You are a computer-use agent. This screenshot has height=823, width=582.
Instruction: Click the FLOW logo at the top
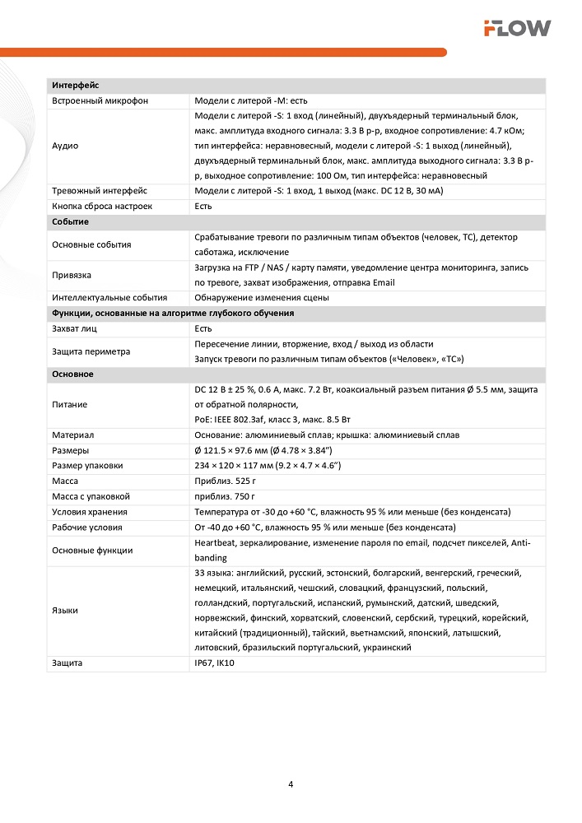pyautogui.click(x=517, y=29)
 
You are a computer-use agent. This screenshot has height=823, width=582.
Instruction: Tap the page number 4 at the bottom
pyautogui.click(x=291, y=783)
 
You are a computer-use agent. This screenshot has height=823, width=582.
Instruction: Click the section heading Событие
pyautogui.click(x=70, y=222)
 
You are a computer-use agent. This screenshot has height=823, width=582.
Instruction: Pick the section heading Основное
pyautogui.click(x=72, y=374)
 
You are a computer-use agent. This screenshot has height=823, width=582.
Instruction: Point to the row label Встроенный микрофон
pyautogui.click(x=100, y=100)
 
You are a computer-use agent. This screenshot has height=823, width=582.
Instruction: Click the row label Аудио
pyautogui.click(x=65, y=146)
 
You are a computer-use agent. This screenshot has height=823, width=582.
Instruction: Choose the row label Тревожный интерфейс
pyautogui.click(x=99, y=191)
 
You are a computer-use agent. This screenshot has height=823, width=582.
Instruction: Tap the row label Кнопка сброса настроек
pyautogui.click(x=102, y=207)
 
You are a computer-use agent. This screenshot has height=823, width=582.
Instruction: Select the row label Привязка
pyautogui.click(x=71, y=275)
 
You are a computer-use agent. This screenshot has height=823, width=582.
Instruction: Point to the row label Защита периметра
pyautogui.click(x=91, y=351)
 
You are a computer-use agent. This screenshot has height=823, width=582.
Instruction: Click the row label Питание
pyautogui.click(x=69, y=405)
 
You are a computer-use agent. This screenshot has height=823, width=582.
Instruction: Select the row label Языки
pyautogui.click(x=65, y=611)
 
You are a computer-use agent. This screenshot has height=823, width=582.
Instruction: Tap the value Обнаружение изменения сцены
pyautogui.click(x=262, y=298)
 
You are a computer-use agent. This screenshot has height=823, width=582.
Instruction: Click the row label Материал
pyautogui.click(x=72, y=435)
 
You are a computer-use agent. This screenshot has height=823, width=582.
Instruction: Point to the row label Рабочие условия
pyautogui.click(x=86, y=528)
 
